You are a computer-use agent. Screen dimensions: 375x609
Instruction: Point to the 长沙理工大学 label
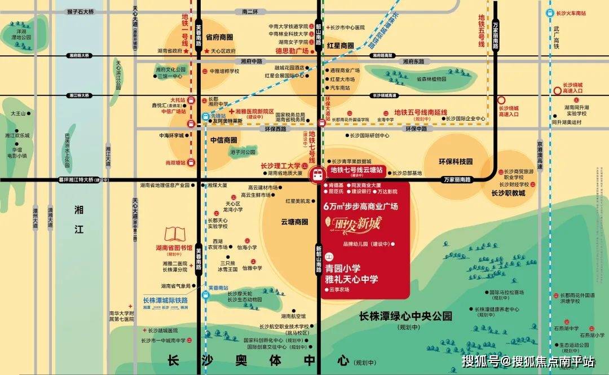(280, 166)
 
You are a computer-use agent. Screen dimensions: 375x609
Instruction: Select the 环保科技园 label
(456, 161)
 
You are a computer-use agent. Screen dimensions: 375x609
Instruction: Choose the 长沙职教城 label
(507, 193)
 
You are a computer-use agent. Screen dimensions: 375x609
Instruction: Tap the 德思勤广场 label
(292, 51)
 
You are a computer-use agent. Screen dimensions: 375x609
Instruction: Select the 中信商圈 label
(223, 140)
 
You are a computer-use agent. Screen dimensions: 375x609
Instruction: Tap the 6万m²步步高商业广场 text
(361, 206)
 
